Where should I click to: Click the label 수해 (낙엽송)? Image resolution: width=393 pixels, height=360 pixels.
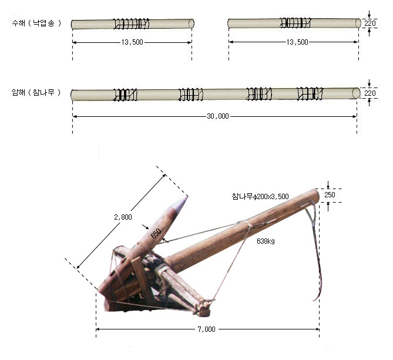coord(36,23)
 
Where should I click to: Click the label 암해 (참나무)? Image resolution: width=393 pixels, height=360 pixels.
coord(36,92)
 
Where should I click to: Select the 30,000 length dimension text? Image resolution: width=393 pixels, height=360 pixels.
coord(218,116)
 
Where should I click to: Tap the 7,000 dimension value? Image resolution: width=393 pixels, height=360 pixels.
coord(207,329)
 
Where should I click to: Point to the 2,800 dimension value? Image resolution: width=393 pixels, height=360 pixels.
coord(123,217)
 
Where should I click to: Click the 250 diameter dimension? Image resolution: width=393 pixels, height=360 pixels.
coord(330,194)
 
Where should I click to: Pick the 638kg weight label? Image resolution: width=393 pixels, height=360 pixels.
coord(266,241)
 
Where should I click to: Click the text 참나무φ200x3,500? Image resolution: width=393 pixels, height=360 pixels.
coord(260,196)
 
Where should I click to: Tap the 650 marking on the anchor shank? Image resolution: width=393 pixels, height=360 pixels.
coord(156,234)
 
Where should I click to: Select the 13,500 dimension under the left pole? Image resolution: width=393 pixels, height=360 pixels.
coord(132,42)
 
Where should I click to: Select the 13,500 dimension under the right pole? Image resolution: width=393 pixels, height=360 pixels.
coord(297,42)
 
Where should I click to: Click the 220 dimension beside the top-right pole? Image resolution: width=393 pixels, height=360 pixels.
coord(370,23)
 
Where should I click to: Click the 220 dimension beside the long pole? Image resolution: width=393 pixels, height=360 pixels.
coord(370,93)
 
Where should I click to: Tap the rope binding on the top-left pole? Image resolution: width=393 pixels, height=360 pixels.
coord(131,23)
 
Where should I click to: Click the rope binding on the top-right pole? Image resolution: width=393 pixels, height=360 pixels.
coord(295,22)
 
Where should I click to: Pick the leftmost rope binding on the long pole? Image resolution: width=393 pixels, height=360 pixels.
coord(125,95)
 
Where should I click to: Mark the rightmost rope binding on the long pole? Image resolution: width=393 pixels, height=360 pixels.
coord(310,93)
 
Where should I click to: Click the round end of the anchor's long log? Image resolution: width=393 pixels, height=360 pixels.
coord(315,196)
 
